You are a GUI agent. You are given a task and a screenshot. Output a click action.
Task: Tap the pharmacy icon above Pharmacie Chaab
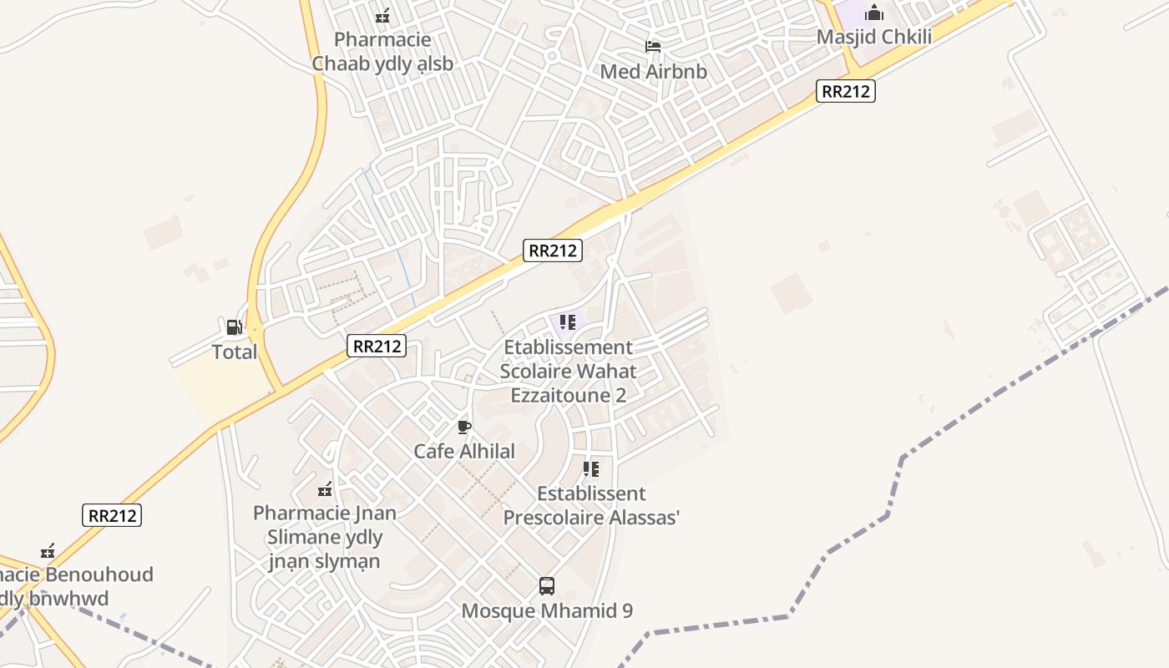pos(383,15)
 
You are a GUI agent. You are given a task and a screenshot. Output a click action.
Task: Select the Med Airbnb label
pos(653,72)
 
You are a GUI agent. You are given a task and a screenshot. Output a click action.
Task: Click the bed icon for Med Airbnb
pos(653,47)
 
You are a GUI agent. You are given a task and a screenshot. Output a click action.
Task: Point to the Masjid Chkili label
pos(873,37)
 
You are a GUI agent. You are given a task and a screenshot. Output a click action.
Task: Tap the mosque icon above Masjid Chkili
pos(874,13)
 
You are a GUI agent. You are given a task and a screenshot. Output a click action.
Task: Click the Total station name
pos(234,352)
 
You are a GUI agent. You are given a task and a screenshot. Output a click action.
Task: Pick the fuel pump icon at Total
pos(234,327)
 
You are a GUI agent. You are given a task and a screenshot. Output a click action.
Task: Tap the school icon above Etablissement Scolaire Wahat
pos(568,322)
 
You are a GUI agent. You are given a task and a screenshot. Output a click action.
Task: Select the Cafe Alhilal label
pos(464,452)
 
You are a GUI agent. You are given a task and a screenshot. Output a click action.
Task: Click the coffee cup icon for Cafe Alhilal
pos(464,428)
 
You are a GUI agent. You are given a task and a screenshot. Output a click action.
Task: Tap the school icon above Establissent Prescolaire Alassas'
pos(591,469)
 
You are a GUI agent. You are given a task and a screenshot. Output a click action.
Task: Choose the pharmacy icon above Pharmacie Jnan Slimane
pos(326,489)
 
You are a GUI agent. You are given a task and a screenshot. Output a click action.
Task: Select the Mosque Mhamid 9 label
pos(547,611)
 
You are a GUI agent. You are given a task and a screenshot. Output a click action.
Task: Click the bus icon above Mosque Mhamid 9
pos(547,586)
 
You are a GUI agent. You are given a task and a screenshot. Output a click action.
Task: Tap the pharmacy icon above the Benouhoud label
pos(48,551)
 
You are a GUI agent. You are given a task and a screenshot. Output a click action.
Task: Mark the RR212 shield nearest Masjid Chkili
pos(845,92)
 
